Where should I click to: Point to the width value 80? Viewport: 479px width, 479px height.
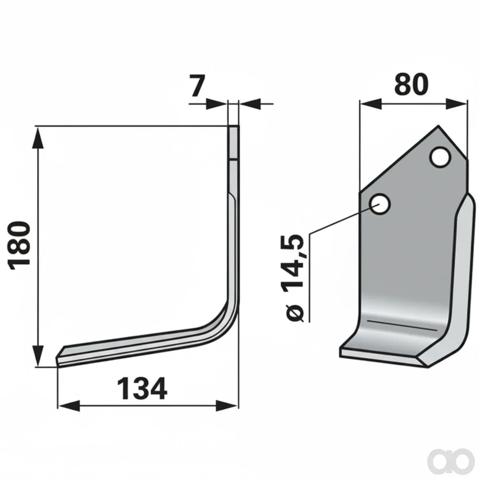pyautogui.click(x=412, y=84)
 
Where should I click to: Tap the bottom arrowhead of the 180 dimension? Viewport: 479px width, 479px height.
pyautogui.click(x=38, y=355)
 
